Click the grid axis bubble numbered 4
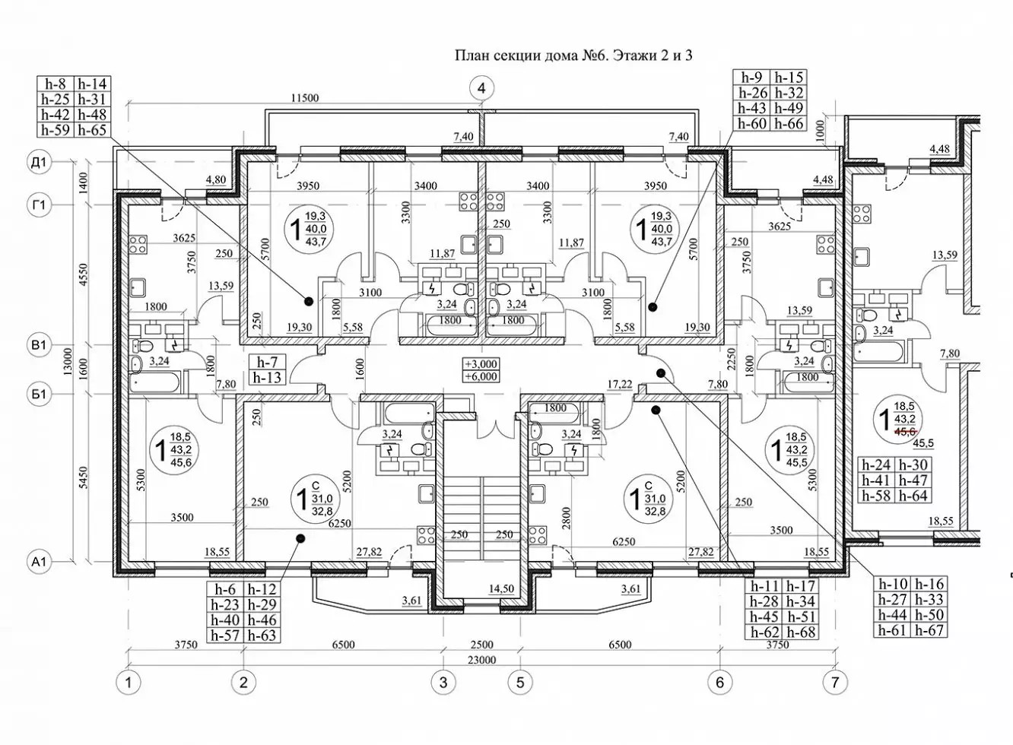coord(481,88)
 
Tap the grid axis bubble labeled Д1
coord(39,163)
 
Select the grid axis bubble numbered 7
coord(835,682)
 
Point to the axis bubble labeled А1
coord(39,562)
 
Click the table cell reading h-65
coord(92,130)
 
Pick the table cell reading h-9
coord(751,78)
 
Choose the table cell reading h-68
coord(801,632)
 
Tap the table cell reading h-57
coord(225,635)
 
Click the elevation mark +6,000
coord(481,376)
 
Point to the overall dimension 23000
coord(482,660)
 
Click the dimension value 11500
coord(305,97)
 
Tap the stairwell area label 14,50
coord(501,588)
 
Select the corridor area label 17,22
coord(620,384)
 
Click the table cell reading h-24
coord(876,464)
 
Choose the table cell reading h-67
coord(929,630)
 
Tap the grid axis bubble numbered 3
coord(443,682)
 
